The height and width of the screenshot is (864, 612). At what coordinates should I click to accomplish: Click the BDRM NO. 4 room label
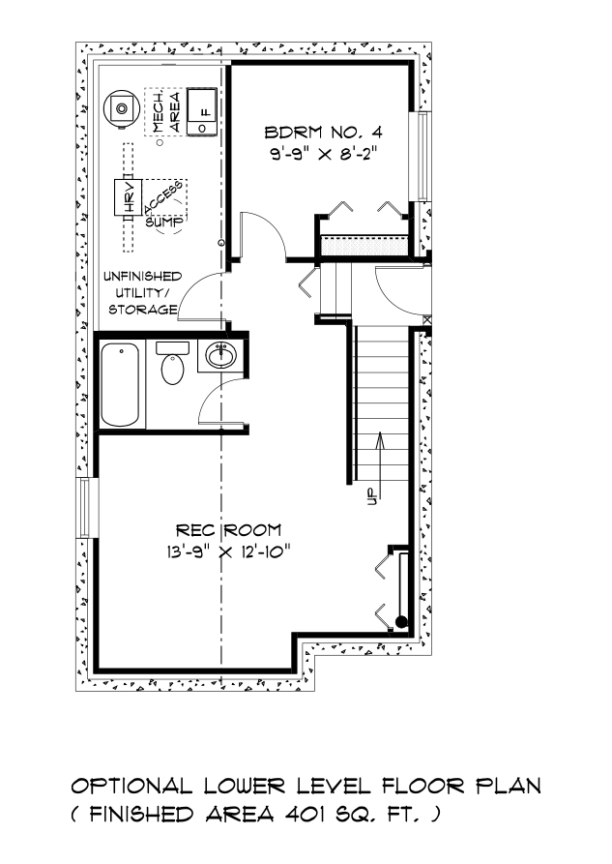point(323,133)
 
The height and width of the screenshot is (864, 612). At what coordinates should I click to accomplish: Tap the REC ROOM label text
point(228,530)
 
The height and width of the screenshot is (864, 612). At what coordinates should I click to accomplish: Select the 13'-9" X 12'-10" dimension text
point(228,551)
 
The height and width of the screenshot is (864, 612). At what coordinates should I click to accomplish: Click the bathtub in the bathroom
point(120,385)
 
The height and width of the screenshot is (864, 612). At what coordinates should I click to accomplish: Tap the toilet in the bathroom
point(172,364)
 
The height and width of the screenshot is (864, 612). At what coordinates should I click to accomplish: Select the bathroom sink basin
point(221,355)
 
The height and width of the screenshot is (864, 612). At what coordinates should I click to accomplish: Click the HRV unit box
point(128,197)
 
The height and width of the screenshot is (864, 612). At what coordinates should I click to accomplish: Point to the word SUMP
point(163,223)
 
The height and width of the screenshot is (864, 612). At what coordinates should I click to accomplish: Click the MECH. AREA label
point(166,112)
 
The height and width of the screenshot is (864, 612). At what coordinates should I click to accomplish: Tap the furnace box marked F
point(201,110)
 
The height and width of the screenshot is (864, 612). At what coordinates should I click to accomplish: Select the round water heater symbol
point(122,107)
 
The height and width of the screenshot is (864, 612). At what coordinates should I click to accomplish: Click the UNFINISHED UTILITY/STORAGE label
point(141,292)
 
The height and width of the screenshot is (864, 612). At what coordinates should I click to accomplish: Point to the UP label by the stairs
point(370,496)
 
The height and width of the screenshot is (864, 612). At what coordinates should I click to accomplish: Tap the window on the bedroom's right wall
point(423,157)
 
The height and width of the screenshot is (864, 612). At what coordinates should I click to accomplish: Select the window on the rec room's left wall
point(84,508)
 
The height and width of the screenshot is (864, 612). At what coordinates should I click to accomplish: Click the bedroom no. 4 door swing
point(263,235)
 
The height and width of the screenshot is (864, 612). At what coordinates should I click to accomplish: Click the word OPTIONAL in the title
point(132,786)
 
